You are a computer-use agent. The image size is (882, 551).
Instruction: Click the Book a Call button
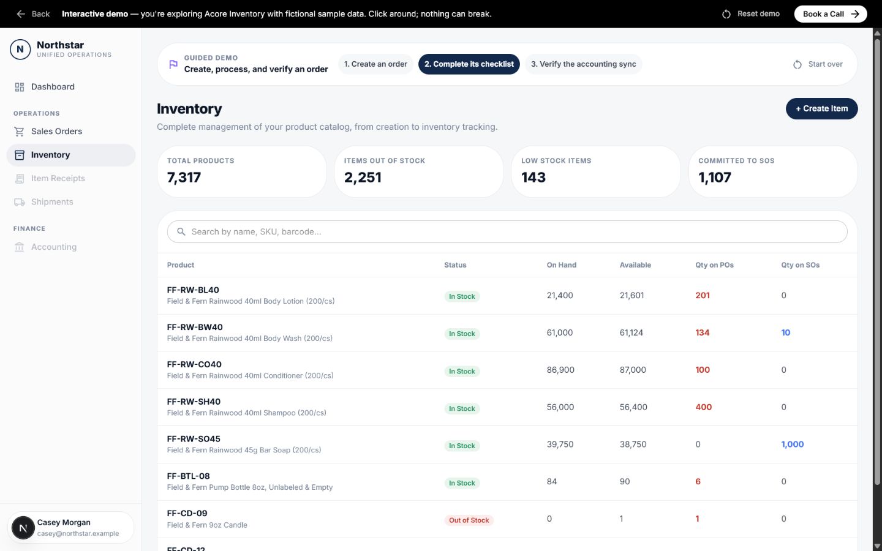coord(831,14)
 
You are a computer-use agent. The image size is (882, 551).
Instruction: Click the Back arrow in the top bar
coord(20,14)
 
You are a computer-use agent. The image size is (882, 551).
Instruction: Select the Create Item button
coord(821,108)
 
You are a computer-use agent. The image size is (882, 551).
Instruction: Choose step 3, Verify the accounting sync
coord(583,64)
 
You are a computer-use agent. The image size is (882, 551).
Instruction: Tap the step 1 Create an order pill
coord(375,64)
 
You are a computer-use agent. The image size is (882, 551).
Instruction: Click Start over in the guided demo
coord(818,64)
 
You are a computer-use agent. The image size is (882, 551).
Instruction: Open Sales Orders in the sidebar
coord(56,132)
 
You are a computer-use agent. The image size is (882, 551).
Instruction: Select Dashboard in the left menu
coord(53,87)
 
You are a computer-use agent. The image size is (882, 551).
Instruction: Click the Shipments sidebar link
coord(52,202)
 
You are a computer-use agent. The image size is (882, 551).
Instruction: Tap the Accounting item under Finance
coord(53,247)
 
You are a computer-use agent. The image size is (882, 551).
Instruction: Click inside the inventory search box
coord(507,232)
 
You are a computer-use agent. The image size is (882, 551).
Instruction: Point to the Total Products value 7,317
coord(184,178)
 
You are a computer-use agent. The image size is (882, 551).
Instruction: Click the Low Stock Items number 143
coord(533,178)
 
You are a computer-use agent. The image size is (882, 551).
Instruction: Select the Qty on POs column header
coord(714,265)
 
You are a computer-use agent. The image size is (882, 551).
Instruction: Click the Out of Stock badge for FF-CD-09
coord(469,520)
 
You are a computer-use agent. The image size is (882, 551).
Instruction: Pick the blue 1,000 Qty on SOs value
coord(792,444)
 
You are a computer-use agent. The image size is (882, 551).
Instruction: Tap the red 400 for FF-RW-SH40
coord(703,407)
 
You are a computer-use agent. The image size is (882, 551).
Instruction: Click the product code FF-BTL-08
coord(188,476)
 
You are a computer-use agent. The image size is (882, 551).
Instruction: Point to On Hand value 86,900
coord(560,370)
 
